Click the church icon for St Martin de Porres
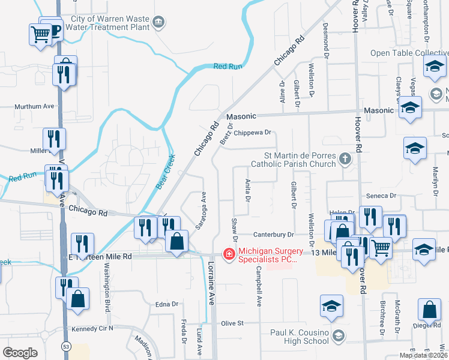[x=345, y=159]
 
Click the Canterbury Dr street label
[x=273, y=235]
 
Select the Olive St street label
[x=232, y=323]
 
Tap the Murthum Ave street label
[x=34, y=106]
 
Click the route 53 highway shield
[x=65, y=347]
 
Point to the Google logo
[x=20, y=353]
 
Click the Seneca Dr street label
[x=385, y=196]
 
